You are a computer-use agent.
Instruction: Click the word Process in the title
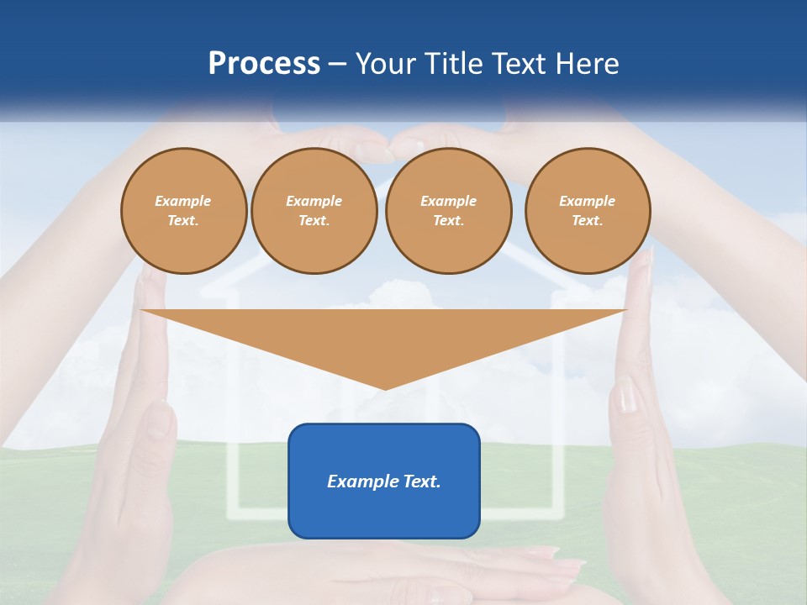[x=264, y=64]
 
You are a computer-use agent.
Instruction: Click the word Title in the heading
[x=454, y=64]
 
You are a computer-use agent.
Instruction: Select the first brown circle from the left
[x=183, y=211]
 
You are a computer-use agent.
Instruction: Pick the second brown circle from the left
[x=314, y=211]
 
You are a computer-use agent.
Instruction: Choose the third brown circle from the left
[x=448, y=211]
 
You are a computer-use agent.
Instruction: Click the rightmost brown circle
[x=587, y=211]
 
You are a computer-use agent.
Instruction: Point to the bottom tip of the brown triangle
[x=385, y=388]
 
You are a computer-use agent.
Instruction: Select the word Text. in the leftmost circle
[x=183, y=221]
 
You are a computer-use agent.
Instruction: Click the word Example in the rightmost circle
[x=587, y=201]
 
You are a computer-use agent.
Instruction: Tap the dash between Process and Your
[x=337, y=65]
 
